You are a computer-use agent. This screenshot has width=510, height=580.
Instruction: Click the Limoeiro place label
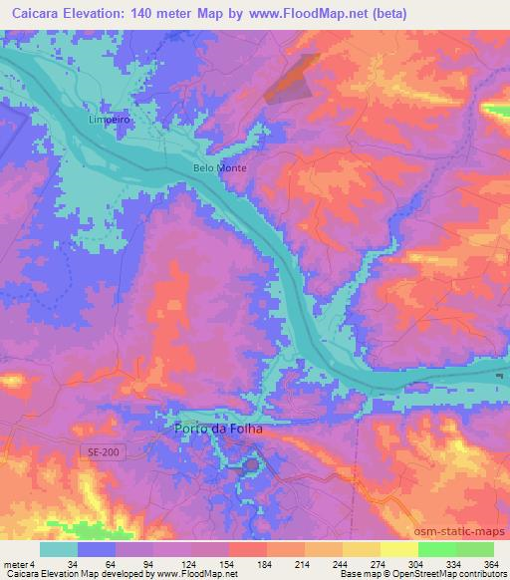pyautogui.click(x=110, y=117)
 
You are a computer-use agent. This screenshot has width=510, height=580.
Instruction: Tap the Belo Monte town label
pyautogui.click(x=218, y=168)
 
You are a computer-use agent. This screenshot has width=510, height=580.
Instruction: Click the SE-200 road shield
pyautogui.click(x=99, y=451)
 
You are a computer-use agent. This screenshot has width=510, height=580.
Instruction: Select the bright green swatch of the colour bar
pyautogui.click(x=437, y=549)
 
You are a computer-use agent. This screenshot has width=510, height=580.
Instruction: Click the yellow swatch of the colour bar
pyautogui.click(x=398, y=549)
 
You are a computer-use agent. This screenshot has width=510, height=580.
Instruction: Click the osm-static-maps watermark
pyautogui.click(x=466, y=530)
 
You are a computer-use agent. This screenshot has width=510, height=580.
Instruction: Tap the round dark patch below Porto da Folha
pyautogui.click(x=251, y=463)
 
